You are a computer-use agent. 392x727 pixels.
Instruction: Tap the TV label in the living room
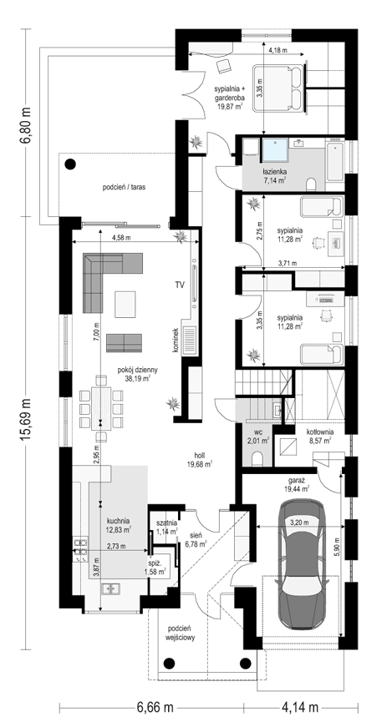(x=180, y=285)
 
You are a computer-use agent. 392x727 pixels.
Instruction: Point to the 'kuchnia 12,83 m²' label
(x=118, y=524)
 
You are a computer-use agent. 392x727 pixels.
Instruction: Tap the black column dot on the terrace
(x=70, y=164)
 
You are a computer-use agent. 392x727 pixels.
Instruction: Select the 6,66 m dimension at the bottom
(x=155, y=708)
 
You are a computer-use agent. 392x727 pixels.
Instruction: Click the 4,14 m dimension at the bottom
(x=300, y=708)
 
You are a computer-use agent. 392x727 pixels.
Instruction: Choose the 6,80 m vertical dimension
(x=26, y=125)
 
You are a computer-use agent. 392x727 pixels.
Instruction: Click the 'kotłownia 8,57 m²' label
(x=318, y=437)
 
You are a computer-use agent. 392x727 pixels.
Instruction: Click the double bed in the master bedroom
(x=277, y=88)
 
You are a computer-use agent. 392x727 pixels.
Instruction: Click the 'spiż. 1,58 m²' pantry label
(x=156, y=568)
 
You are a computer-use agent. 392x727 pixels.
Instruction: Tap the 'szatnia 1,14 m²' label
(x=166, y=527)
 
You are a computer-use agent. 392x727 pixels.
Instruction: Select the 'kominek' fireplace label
(x=176, y=341)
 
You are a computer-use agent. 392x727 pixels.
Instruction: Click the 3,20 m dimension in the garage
(x=299, y=522)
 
